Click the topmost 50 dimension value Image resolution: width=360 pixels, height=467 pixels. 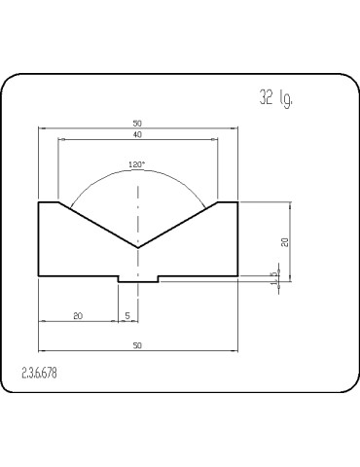click(x=137, y=124)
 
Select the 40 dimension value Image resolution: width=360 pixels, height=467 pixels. click(x=137, y=134)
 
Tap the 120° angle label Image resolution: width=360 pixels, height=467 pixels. click(x=136, y=164)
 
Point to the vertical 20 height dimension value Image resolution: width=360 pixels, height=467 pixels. click(x=285, y=242)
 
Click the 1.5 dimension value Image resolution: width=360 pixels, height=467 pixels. click(x=275, y=278)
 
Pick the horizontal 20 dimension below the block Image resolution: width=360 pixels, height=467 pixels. click(x=78, y=315)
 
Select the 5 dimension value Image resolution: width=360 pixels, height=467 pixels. click(x=127, y=315)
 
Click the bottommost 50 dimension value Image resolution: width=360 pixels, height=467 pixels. click(x=137, y=345)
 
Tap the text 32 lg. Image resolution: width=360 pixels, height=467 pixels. click(x=276, y=98)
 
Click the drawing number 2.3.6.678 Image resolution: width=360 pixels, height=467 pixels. click(x=39, y=374)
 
